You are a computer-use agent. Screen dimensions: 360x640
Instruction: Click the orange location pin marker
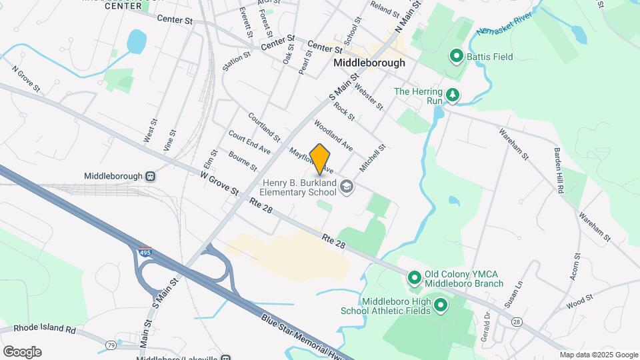coord(320,159)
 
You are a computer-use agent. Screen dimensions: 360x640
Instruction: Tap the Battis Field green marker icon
coord(457,57)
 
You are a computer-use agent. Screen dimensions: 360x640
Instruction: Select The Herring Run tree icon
coord(453,95)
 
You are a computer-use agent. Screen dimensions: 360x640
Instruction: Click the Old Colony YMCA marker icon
coord(413,276)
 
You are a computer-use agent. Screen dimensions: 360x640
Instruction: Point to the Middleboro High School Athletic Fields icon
coord(440,306)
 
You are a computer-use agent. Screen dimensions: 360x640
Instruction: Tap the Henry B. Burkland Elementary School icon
coord(346,187)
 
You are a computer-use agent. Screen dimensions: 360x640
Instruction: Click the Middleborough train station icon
coord(151,177)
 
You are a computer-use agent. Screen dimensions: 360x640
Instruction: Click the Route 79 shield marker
coord(111,345)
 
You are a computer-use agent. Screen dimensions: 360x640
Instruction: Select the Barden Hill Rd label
coord(558,171)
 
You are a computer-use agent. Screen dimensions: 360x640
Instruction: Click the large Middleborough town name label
coord(369,63)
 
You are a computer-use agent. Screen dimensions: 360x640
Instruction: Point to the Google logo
coord(22,351)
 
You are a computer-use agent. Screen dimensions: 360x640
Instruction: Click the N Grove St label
coord(26,79)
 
